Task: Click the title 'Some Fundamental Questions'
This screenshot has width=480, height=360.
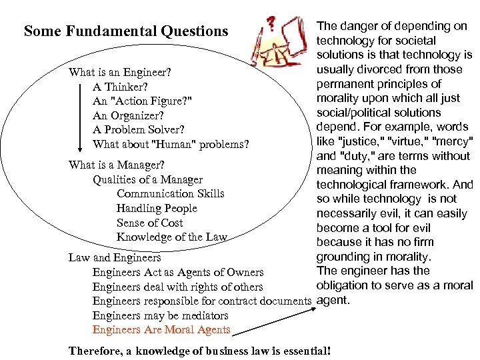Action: [126, 31]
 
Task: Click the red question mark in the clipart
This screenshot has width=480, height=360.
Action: [271, 25]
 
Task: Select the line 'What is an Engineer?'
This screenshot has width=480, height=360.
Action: [120, 71]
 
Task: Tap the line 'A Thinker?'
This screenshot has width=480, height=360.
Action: [120, 87]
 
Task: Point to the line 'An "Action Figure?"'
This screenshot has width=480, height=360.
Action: [143, 101]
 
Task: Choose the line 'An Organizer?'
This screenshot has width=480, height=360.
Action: [129, 115]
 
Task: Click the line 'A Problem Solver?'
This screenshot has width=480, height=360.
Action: [139, 129]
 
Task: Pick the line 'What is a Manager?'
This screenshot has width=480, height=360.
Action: [117, 165]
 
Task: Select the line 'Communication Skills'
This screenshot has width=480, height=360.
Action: [171, 194]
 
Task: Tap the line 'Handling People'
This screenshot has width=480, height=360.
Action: [157, 209]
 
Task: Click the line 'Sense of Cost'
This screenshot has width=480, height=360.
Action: [149, 223]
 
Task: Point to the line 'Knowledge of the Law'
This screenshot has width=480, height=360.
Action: [172, 237]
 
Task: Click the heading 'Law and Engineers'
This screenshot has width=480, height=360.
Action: [115, 257]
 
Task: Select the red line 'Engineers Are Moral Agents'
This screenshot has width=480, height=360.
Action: [161, 330]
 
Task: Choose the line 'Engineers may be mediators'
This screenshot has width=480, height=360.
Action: [161, 315]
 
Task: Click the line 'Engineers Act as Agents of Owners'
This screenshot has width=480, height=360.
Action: [178, 272]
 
